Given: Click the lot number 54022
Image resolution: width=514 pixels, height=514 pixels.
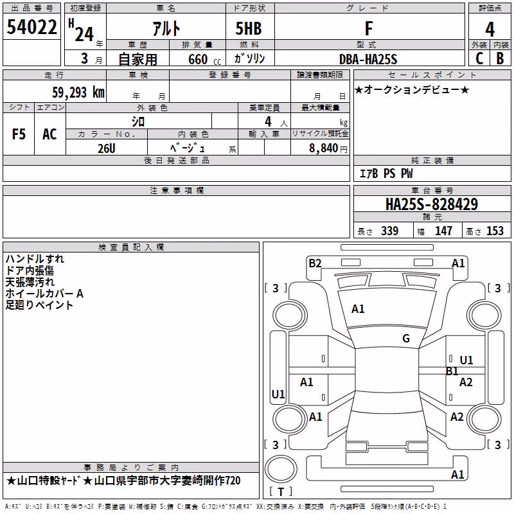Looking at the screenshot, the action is tap(31, 27).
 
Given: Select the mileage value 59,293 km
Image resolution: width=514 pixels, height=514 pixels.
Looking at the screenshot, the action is tap(78, 93).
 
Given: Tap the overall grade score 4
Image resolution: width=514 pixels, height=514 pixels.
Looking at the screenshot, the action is tap(490, 30).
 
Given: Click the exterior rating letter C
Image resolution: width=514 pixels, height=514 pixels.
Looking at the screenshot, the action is tap(479, 58).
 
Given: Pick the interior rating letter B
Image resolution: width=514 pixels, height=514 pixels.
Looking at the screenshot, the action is tap(500, 58).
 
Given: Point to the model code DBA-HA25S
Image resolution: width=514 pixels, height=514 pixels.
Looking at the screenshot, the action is tap(368, 59).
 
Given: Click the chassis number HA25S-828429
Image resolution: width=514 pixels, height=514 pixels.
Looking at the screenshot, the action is tap(432, 204).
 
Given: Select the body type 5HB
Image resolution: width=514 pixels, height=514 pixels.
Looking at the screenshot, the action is tap(249, 28).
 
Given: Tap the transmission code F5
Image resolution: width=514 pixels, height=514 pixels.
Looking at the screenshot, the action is tap(19, 134).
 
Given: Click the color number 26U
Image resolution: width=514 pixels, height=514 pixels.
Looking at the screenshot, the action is tap(107, 148).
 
